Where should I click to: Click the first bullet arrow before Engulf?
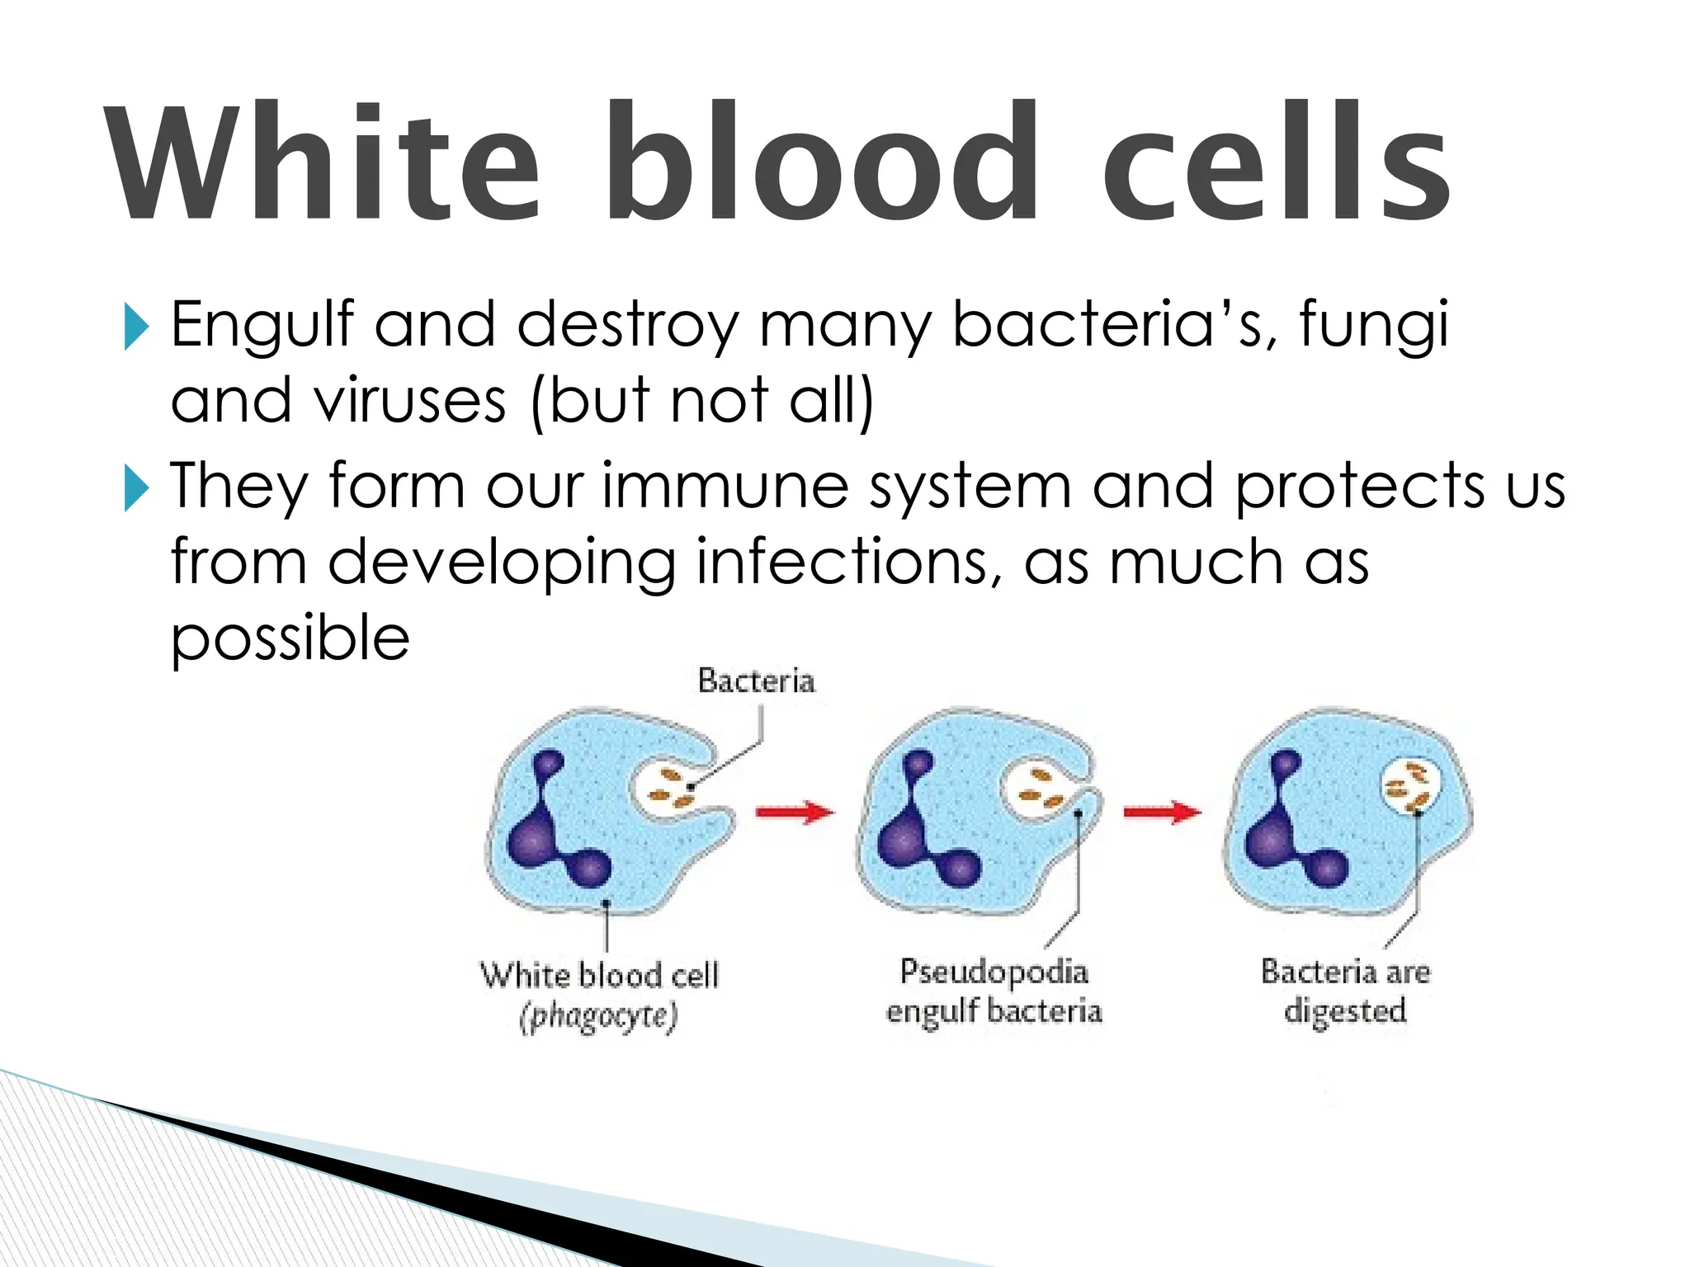point(135,327)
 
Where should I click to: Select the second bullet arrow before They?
point(135,487)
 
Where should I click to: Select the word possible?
point(290,639)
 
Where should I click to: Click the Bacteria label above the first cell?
point(756,681)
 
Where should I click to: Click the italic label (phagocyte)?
point(599,1016)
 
